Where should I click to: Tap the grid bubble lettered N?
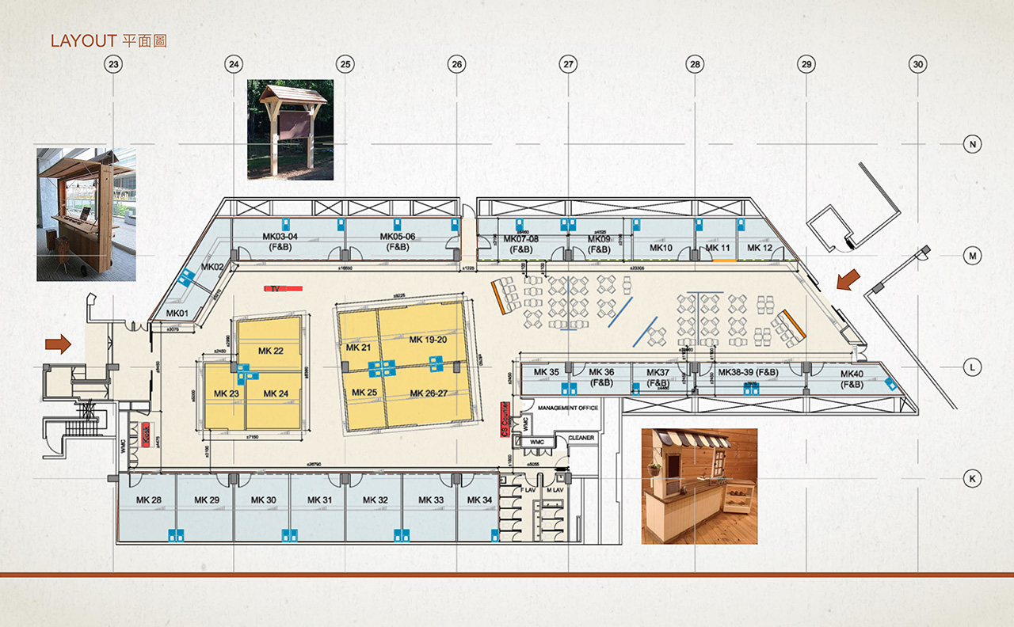coord(971,144)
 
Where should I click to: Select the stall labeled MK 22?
coord(271,351)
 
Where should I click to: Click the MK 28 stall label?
coord(148,500)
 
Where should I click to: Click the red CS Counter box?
coord(504,420)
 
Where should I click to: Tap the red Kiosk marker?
coord(146,435)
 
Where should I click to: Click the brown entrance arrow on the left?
coord(58,344)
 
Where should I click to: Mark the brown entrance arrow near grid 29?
coord(848,279)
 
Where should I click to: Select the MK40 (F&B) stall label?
coord(852,379)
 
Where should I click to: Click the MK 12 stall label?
coord(759,248)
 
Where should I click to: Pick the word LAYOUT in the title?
coord(83,41)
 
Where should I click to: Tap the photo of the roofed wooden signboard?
coord(291,129)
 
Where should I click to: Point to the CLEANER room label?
coord(581,438)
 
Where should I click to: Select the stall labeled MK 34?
coord(479,500)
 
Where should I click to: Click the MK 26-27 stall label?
coord(429,393)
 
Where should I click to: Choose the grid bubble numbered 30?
coord(917,64)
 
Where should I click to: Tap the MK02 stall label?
coord(211,268)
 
